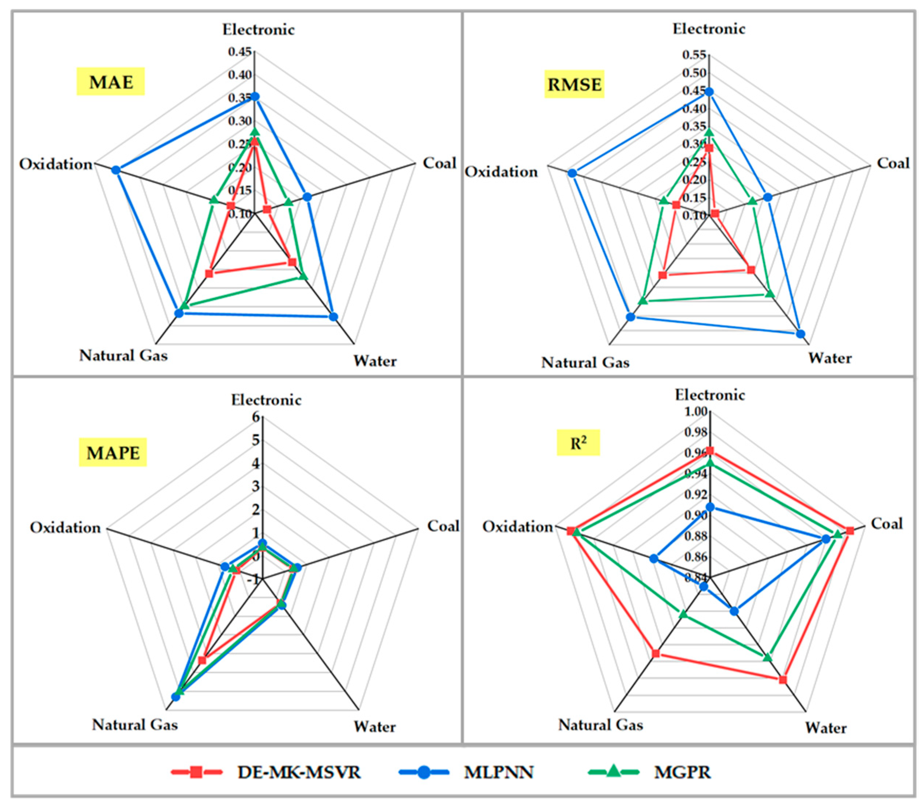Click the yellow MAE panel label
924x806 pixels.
coord(111,82)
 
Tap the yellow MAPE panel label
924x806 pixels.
coord(113,453)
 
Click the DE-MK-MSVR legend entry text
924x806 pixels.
coord(299,772)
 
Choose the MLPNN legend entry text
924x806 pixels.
coord(499,772)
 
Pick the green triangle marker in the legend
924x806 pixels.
coord(613,772)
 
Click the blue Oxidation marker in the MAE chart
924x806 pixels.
coord(116,170)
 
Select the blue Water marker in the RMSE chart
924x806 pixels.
coord(800,334)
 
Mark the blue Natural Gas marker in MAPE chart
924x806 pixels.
coord(176,697)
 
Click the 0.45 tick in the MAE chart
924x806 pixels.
coord(240,52)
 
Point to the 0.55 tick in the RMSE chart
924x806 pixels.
coord(695,55)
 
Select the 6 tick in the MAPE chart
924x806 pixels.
coord(256,417)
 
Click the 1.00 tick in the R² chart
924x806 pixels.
coord(695,411)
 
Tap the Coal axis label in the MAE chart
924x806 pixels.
coord(439,163)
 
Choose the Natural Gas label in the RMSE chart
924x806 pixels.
coord(585,362)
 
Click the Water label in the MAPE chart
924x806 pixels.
coord(374,727)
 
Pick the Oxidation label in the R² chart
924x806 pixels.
coord(518,527)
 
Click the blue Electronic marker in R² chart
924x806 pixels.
coord(710,507)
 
